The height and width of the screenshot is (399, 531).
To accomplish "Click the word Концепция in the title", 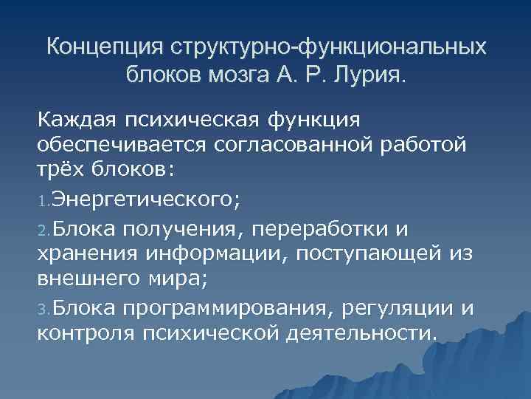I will [x=105, y=47].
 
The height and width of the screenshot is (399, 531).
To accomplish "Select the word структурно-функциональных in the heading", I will [x=329, y=47].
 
